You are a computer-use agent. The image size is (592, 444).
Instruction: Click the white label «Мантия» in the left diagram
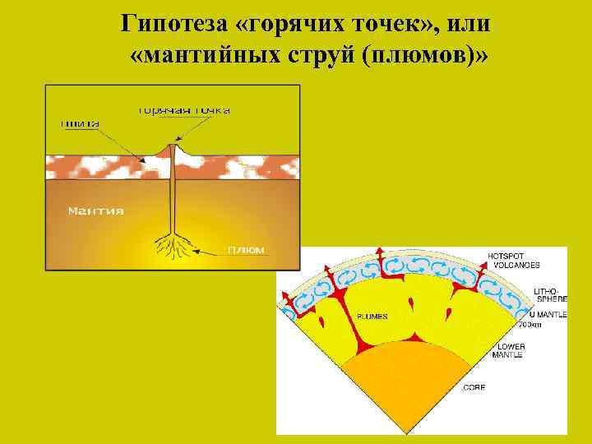coord(96,211)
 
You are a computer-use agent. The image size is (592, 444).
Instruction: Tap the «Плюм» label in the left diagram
coord(246,250)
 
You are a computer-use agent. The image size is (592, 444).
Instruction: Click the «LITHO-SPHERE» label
coord(546,296)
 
